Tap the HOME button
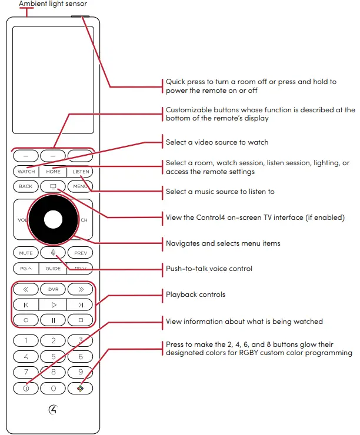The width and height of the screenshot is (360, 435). [54, 172]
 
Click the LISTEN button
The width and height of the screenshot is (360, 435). [81, 172]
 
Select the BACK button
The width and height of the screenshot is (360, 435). [25, 186]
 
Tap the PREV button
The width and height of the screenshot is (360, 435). [81, 253]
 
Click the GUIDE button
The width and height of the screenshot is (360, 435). [54, 268]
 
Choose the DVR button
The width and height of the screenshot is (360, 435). [54, 289]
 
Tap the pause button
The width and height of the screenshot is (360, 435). [54, 320]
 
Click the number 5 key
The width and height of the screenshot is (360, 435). [54, 356]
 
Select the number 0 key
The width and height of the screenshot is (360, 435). [54, 388]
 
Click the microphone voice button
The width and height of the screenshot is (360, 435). [54, 253]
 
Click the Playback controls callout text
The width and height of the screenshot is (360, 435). [195, 295]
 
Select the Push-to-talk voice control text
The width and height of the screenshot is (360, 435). [209, 269]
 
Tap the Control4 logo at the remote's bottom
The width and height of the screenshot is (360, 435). [54, 411]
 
